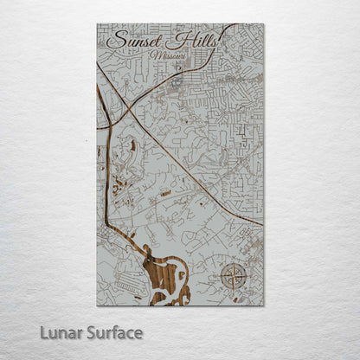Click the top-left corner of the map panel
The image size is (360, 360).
(97, 24)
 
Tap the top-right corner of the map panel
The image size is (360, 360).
(264, 24)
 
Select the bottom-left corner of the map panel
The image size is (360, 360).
(97, 305)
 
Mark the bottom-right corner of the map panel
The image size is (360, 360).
(264, 305)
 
